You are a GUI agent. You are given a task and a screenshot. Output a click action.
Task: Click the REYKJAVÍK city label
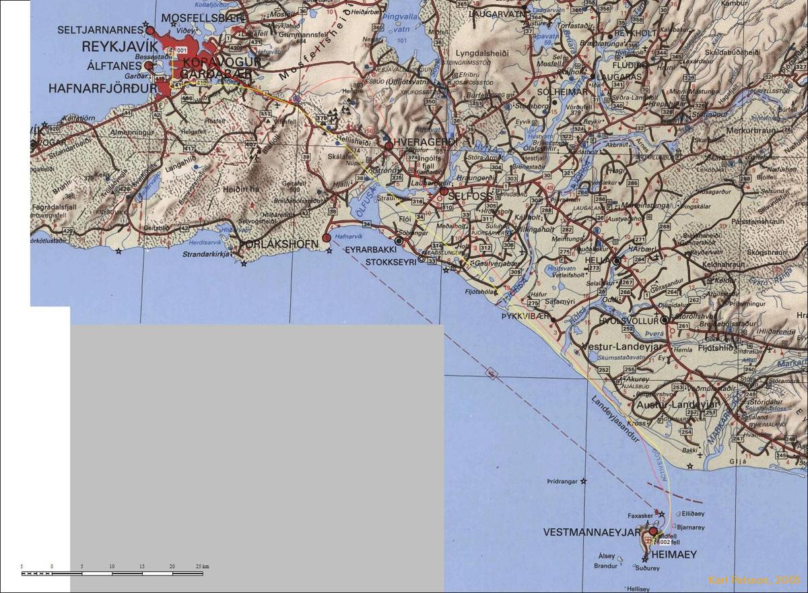[119, 46]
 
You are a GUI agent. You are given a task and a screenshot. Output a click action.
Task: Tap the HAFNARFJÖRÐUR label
[98, 88]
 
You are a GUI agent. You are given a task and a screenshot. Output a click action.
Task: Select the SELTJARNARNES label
[100, 30]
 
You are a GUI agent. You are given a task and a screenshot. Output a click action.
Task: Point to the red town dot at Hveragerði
[389, 145]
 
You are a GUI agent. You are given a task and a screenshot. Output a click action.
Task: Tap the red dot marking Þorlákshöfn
[327, 237]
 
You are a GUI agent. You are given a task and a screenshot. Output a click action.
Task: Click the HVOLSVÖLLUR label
[632, 321]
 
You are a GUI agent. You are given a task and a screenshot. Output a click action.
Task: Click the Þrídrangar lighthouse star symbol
[584, 481]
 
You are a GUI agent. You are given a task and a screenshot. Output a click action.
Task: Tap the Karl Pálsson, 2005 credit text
[754, 580]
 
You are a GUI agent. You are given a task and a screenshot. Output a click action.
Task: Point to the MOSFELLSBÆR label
[200, 17]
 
